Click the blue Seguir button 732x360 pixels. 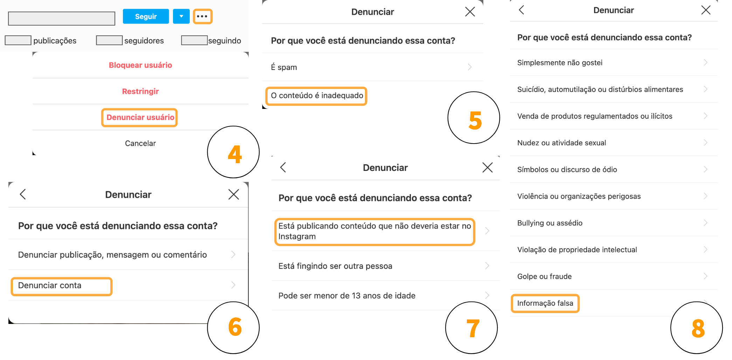(x=146, y=16)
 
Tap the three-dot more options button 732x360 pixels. (x=202, y=16)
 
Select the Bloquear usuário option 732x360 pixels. (x=140, y=65)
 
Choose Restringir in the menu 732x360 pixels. (x=140, y=91)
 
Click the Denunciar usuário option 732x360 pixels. (x=140, y=117)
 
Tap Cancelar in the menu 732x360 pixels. (x=140, y=143)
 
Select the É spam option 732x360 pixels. (x=284, y=67)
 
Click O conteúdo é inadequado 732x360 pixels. (x=317, y=96)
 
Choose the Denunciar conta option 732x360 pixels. (x=50, y=285)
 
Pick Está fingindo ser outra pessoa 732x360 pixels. (x=335, y=266)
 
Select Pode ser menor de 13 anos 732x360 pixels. (x=347, y=296)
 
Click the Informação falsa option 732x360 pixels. (x=545, y=303)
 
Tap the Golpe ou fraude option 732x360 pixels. (x=544, y=276)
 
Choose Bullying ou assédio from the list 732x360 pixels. (x=550, y=223)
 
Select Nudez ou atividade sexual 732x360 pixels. (x=561, y=143)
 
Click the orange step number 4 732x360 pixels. (x=234, y=154)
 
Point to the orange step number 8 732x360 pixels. (x=698, y=328)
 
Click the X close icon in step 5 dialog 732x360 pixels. (x=470, y=12)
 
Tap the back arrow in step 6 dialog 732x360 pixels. (x=23, y=194)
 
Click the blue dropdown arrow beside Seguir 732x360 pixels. (x=181, y=16)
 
